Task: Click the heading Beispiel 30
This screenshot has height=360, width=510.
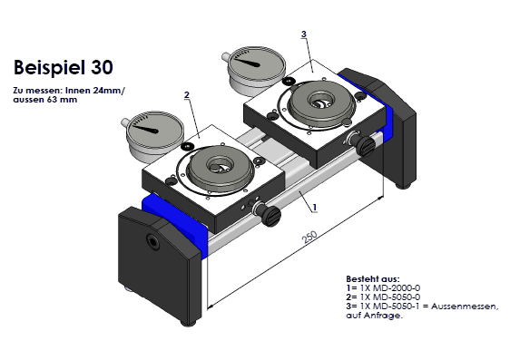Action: [64, 67]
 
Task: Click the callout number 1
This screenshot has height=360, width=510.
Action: [315, 207]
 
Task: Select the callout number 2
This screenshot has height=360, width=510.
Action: [186, 95]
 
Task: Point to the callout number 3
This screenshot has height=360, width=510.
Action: [304, 34]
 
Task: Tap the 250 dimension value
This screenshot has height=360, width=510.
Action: [309, 238]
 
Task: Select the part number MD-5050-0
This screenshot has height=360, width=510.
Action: [397, 297]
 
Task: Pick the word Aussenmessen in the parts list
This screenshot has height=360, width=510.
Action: [465, 306]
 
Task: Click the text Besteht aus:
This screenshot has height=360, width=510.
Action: [373, 278]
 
